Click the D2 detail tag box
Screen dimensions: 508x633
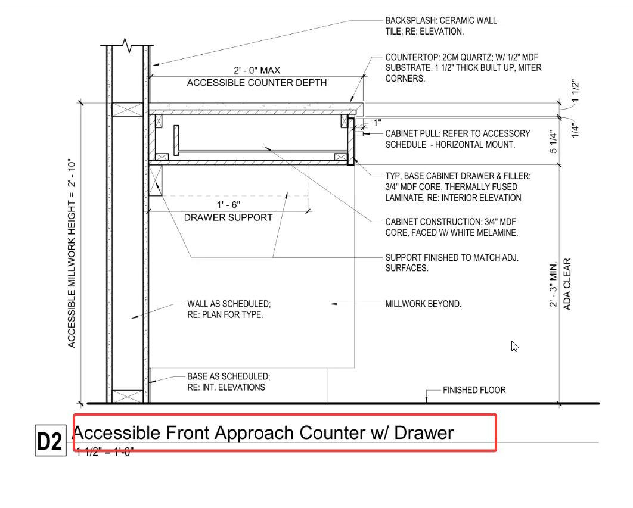pyautogui.click(x=49, y=441)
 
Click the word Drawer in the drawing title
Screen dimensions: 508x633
pyautogui.click(x=424, y=432)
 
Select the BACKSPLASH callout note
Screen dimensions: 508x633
pyautogui.click(x=440, y=26)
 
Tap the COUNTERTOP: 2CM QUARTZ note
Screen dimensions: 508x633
pyautogui.click(x=463, y=68)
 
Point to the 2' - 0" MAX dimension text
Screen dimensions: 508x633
pyautogui.click(x=256, y=70)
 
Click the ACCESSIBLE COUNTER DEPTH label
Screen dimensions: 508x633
pyautogui.click(x=256, y=83)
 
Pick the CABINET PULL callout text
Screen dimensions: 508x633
pyautogui.click(x=457, y=139)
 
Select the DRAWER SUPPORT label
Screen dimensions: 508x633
pyautogui.click(x=228, y=217)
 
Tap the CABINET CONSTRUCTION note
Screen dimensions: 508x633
pyautogui.click(x=451, y=227)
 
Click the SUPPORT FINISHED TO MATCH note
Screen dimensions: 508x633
pyautogui.click(x=452, y=263)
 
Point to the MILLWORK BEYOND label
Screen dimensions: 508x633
pyautogui.click(x=423, y=304)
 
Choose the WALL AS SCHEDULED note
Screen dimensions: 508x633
pyautogui.click(x=228, y=309)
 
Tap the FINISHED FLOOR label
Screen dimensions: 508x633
pyautogui.click(x=474, y=390)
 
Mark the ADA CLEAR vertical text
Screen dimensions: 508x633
pyautogui.click(x=567, y=284)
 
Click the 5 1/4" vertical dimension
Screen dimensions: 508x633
pyautogui.click(x=554, y=142)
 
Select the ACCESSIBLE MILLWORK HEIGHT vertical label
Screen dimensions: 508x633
pyautogui.click(x=72, y=253)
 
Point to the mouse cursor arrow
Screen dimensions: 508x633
pyautogui.click(x=514, y=346)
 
